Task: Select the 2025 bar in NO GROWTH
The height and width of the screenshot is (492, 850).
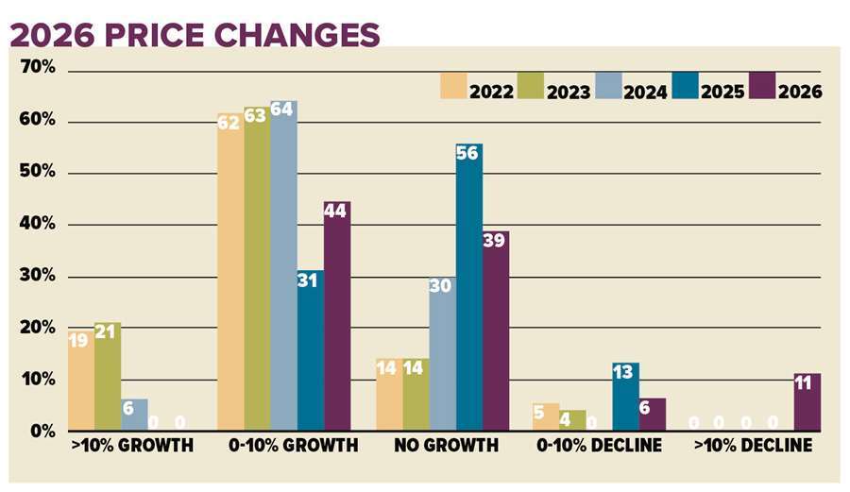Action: (468, 288)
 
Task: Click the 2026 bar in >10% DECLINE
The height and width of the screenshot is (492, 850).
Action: (807, 402)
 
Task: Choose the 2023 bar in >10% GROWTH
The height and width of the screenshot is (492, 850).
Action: (108, 377)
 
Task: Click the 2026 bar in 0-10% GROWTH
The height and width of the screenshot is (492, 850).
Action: (337, 316)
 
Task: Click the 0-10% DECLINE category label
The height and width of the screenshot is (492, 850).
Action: (598, 445)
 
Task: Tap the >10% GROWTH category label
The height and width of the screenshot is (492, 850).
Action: (132, 445)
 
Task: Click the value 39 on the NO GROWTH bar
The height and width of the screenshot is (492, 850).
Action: (495, 240)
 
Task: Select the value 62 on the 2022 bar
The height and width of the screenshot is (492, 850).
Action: (229, 123)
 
